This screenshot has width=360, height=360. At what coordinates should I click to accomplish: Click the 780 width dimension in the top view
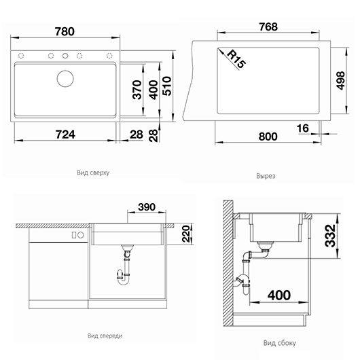point(65,32)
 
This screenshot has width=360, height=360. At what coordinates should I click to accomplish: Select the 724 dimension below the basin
point(65,134)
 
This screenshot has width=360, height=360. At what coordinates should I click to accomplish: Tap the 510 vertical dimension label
point(167,86)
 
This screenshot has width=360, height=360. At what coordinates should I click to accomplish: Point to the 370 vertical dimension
point(137,90)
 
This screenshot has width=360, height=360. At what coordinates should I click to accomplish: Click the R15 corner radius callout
point(236,59)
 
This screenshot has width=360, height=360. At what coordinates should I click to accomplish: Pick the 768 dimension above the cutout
point(268,27)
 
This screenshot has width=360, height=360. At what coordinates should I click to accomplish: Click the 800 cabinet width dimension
point(268,137)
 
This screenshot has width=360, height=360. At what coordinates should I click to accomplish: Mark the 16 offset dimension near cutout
point(303,128)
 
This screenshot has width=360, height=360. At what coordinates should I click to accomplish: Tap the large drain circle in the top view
point(65,79)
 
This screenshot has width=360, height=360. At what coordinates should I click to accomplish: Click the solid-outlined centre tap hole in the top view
point(65,56)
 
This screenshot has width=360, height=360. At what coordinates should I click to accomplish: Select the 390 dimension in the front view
point(147,207)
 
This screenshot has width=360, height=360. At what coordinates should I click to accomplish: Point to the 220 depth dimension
point(186,234)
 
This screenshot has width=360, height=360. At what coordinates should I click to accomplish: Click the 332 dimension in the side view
point(330,236)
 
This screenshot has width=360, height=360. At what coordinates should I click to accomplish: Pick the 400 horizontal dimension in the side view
point(279,295)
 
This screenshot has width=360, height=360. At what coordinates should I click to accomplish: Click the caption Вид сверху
point(93,173)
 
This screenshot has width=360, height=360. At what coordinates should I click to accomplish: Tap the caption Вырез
point(266,176)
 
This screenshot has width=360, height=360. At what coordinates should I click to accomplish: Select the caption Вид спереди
point(105,336)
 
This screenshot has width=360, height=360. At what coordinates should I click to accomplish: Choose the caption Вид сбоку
point(279,343)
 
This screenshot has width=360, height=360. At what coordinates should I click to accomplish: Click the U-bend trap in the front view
point(124,277)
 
